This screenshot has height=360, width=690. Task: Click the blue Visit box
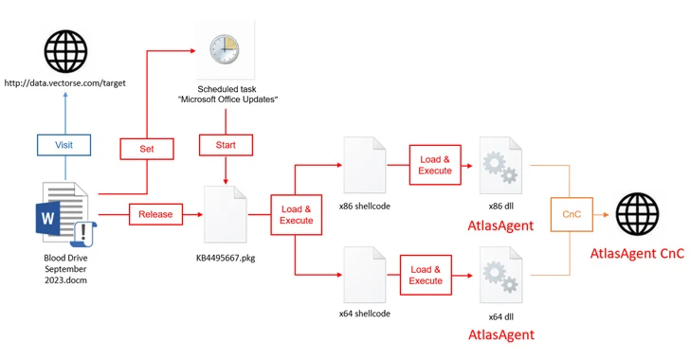coord(64,145)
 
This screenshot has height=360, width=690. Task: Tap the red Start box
coord(225,146)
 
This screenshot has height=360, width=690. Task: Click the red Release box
coord(155,214)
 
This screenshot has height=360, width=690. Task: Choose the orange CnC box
coord(572,214)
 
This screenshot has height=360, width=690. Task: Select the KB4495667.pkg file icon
coord(226,215)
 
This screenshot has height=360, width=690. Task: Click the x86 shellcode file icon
coord(365,166)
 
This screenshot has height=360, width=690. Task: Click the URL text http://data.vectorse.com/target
coord(64,83)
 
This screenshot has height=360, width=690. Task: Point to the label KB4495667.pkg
coord(226,257)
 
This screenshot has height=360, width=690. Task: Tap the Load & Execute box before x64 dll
coord(426,275)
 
